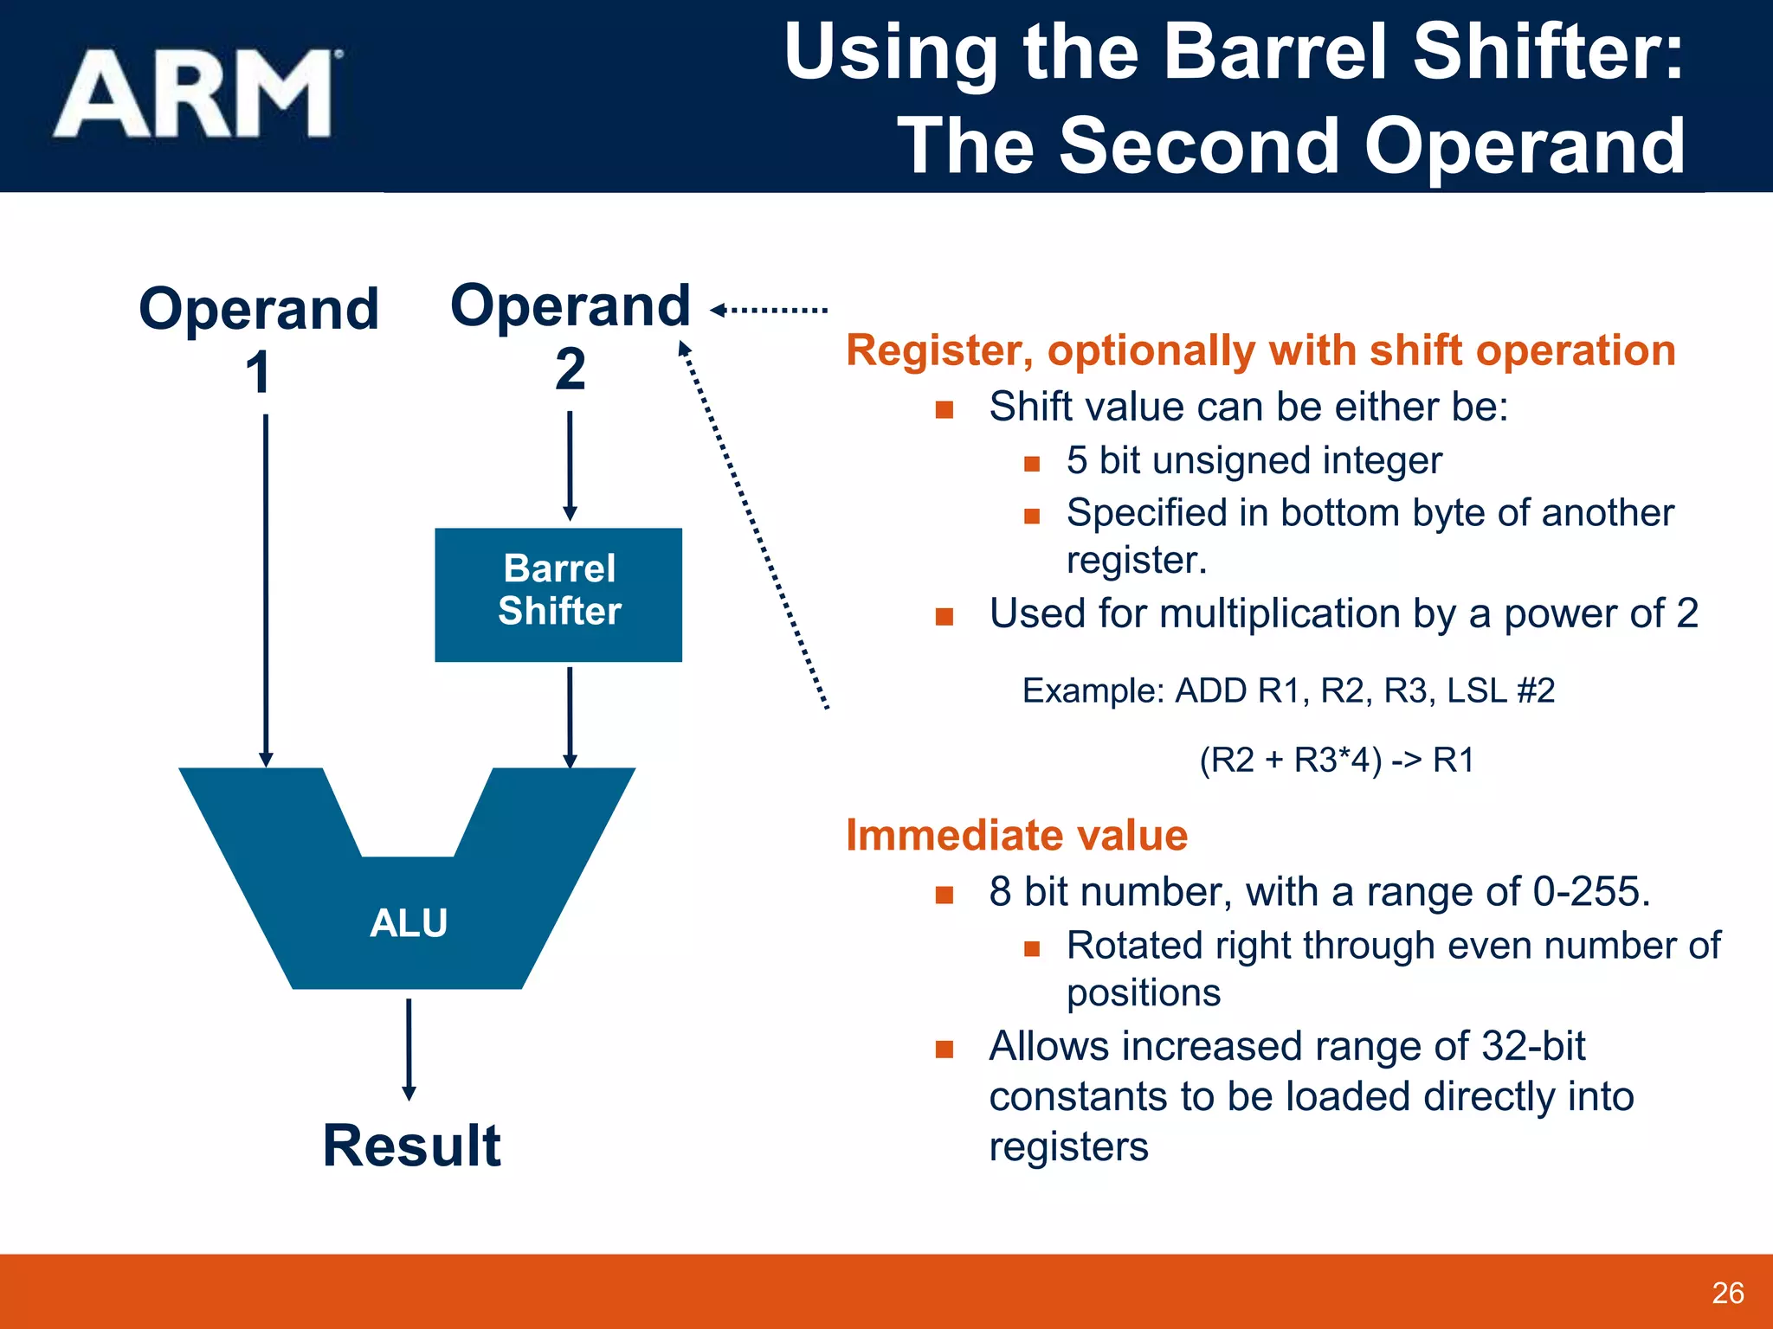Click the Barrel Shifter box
pos(558,594)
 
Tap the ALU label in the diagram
pos(408,922)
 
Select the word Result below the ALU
pos(411,1146)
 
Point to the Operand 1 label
pos(258,337)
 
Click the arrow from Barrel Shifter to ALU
pos(570,716)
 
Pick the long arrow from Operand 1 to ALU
pos(266,588)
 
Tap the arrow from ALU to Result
pos(409,1049)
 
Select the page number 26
pos(1727,1293)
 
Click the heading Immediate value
pos(1016,835)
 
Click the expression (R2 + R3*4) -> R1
pos(1336,760)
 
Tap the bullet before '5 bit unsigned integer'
pos(1031,464)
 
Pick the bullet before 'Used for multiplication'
pos(945,617)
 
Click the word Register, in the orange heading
pos(938,351)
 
